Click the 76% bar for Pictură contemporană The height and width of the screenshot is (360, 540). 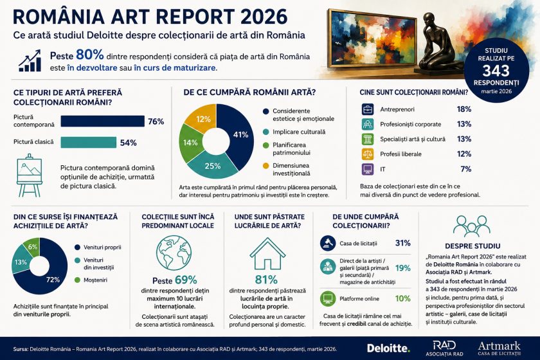[x=103, y=122]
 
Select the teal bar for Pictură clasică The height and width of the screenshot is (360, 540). [x=89, y=142]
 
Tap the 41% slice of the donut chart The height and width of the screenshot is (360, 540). [x=238, y=134]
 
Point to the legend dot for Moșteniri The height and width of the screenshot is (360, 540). [x=78, y=280]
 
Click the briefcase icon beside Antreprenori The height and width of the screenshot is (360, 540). [x=368, y=109]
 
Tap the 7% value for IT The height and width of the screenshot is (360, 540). [x=465, y=169]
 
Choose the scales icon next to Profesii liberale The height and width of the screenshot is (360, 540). [x=368, y=154]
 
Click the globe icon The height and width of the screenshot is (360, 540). [x=174, y=252]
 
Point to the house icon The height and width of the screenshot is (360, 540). [x=267, y=253]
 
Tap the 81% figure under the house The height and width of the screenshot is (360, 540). [x=266, y=280]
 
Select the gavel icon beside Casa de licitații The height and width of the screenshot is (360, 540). [x=327, y=243]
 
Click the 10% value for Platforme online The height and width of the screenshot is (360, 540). [x=402, y=298]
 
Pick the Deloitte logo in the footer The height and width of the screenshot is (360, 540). [x=388, y=348]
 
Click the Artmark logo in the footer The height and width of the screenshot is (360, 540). [x=500, y=348]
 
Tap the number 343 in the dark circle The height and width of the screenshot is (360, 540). [x=496, y=71]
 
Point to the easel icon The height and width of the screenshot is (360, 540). [x=30, y=175]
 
